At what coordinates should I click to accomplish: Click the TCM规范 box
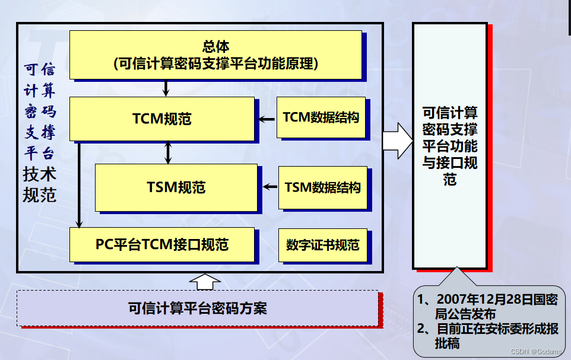point(161,119)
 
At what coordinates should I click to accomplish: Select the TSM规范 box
point(176,187)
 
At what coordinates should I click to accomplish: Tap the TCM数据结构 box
point(321,117)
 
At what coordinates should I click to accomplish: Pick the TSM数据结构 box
point(322,188)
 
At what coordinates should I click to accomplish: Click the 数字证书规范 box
point(322,245)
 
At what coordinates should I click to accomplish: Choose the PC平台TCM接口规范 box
point(162,244)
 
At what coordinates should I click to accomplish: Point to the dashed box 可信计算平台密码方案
point(197,308)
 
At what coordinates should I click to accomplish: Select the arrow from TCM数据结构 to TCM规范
point(265,119)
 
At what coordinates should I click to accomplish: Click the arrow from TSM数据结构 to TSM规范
point(270,187)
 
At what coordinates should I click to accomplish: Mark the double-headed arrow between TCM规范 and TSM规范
point(168,152)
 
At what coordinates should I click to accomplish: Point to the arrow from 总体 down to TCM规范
point(166,88)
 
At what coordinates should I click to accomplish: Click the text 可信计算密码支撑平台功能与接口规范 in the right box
point(450,146)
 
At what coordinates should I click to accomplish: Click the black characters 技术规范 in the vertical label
point(39,184)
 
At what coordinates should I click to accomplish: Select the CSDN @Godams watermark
point(536,352)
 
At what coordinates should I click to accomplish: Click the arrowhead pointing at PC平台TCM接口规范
point(79,224)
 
